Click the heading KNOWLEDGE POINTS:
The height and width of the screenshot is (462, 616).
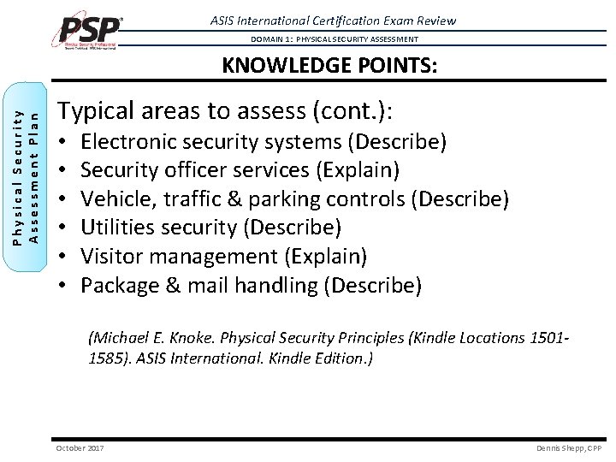(329, 66)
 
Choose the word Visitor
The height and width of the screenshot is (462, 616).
(111, 256)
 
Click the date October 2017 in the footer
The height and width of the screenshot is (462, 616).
(80, 448)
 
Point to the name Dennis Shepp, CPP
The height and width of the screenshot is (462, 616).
(569, 448)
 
